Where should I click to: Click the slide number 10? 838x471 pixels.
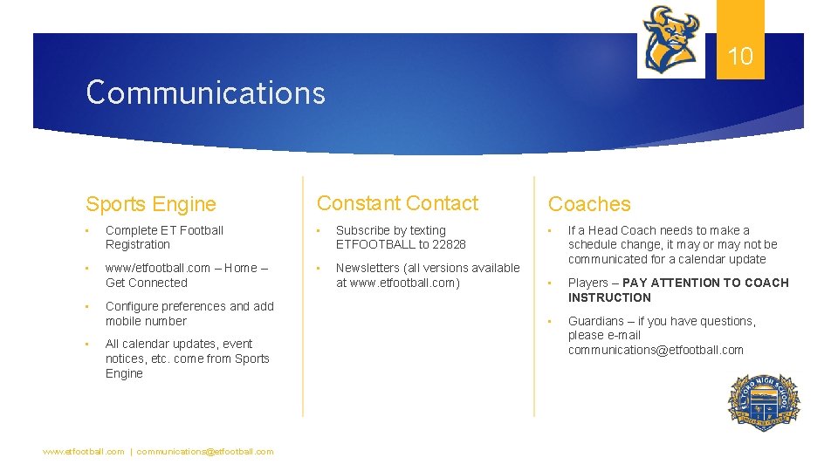pos(740,57)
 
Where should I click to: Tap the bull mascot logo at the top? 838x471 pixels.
pos(671,40)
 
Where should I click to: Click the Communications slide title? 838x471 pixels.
pos(205,92)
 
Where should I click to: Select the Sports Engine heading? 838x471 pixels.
pos(150,204)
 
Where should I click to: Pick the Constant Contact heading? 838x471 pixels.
pos(397,203)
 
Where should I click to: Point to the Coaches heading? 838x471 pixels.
pos(589,204)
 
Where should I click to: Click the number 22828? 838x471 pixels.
pos(449,244)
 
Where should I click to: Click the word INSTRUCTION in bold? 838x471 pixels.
pos(609,297)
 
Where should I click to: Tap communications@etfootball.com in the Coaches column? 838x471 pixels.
pos(656,350)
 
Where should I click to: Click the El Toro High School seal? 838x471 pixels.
pos(763,402)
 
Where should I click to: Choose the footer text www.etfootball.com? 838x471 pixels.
pos(84,452)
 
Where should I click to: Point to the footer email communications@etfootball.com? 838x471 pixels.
pos(205,452)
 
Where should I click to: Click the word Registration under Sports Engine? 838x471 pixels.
pos(138,244)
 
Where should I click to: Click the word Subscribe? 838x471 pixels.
pos(363,230)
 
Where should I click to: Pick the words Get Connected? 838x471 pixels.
pos(147,283)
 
